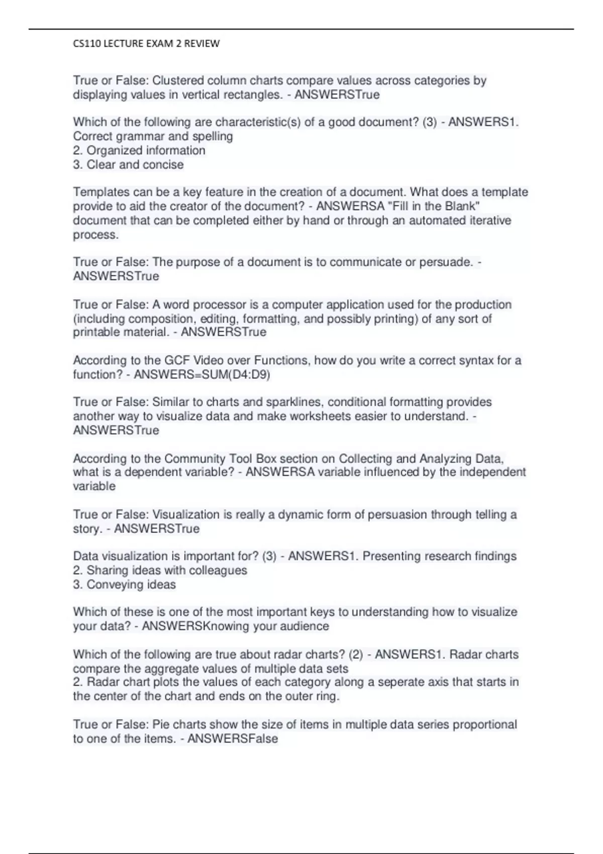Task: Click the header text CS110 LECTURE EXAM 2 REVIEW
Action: point(146,44)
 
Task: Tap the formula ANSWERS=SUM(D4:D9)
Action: point(202,374)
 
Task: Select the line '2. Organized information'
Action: point(139,150)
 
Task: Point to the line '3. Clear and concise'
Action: point(128,164)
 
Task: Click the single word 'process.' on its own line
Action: point(96,235)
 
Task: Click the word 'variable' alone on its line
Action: point(94,486)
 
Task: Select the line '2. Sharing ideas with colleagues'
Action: point(160,570)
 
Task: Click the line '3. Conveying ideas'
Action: point(124,584)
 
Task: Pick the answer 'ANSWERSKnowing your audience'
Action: point(235,626)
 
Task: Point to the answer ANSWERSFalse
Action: point(232,738)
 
